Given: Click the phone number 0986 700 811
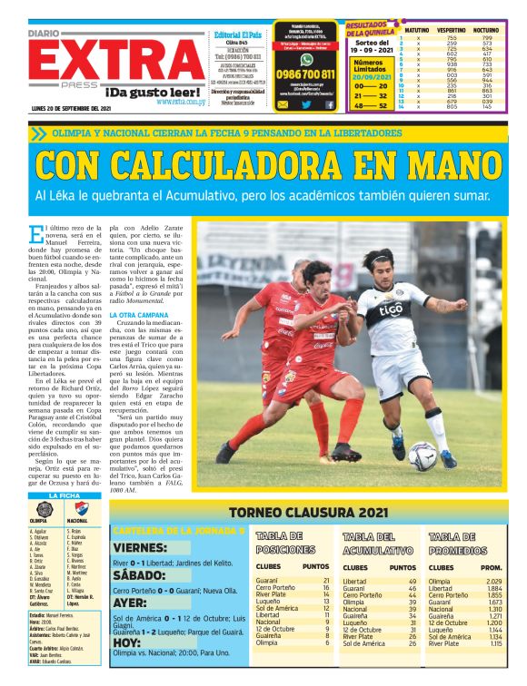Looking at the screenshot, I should (306, 73).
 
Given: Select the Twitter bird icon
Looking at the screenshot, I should (306, 104).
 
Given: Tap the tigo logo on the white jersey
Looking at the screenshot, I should (391, 311).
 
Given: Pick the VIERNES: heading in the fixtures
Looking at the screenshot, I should (147, 549).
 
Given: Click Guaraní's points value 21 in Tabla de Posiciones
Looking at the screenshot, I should (326, 580).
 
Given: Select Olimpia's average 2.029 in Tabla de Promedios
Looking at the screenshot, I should (493, 580).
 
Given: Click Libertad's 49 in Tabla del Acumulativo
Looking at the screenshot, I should (413, 580).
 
